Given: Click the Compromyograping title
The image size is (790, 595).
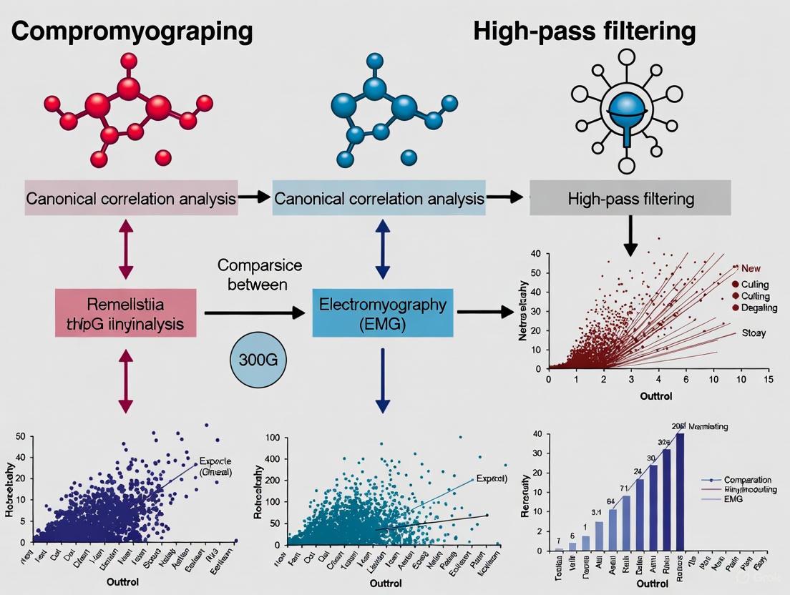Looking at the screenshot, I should (132, 32).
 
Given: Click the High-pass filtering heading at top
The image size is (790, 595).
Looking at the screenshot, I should (584, 32).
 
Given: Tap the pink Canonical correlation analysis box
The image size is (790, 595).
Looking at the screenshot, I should (131, 199).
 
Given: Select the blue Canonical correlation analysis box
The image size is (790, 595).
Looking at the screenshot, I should (379, 199).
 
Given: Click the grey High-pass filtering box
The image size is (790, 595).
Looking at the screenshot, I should (630, 199).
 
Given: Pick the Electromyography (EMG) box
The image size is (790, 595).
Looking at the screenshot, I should (383, 313).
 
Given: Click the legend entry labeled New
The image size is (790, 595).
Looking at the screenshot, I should (750, 268).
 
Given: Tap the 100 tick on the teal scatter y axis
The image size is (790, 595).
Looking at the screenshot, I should (271, 438).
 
